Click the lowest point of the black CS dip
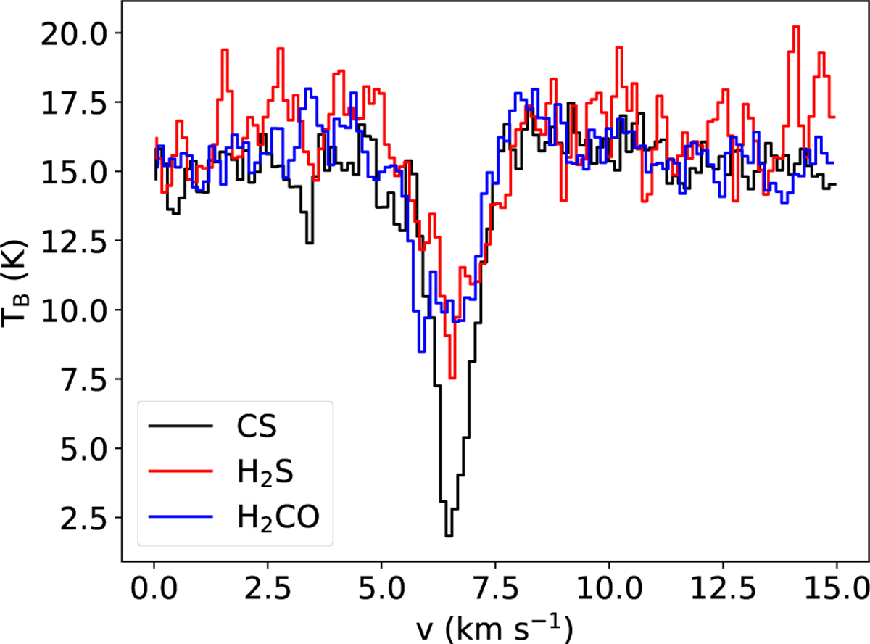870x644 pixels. [449, 536]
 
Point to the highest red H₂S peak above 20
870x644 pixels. [795, 27]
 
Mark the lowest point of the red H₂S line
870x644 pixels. [452, 377]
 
